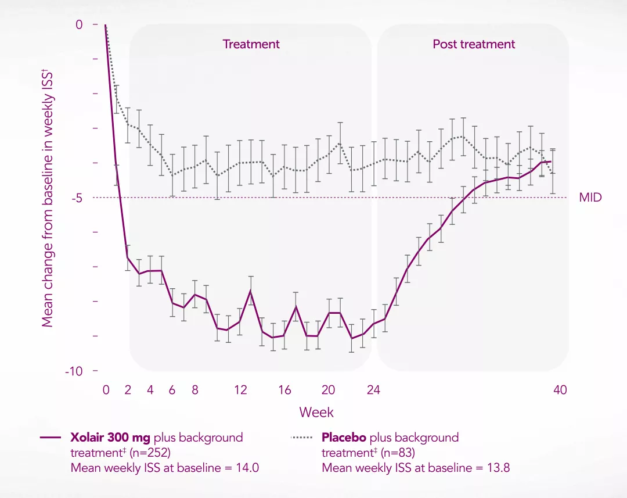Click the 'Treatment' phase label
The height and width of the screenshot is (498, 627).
(x=251, y=44)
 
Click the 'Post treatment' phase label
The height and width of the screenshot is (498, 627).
(x=474, y=44)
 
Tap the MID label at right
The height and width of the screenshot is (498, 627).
(x=590, y=198)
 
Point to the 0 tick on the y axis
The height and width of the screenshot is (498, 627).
(x=79, y=24)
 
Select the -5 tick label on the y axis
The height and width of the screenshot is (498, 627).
(x=77, y=198)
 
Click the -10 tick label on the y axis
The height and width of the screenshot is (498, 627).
(x=74, y=371)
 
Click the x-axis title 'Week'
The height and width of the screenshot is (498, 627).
(x=316, y=412)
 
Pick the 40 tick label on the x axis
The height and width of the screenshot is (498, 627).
(x=560, y=390)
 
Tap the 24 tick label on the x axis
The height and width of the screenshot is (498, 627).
(x=373, y=390)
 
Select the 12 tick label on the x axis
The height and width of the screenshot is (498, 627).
(x=240, y=390)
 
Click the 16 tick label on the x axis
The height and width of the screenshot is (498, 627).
(x=284, y=390)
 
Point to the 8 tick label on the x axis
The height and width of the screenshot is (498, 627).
(x=194, y=390)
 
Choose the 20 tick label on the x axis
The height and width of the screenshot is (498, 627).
(x=328, y=390)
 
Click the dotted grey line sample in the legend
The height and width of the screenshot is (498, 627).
(x=301, y=438)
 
